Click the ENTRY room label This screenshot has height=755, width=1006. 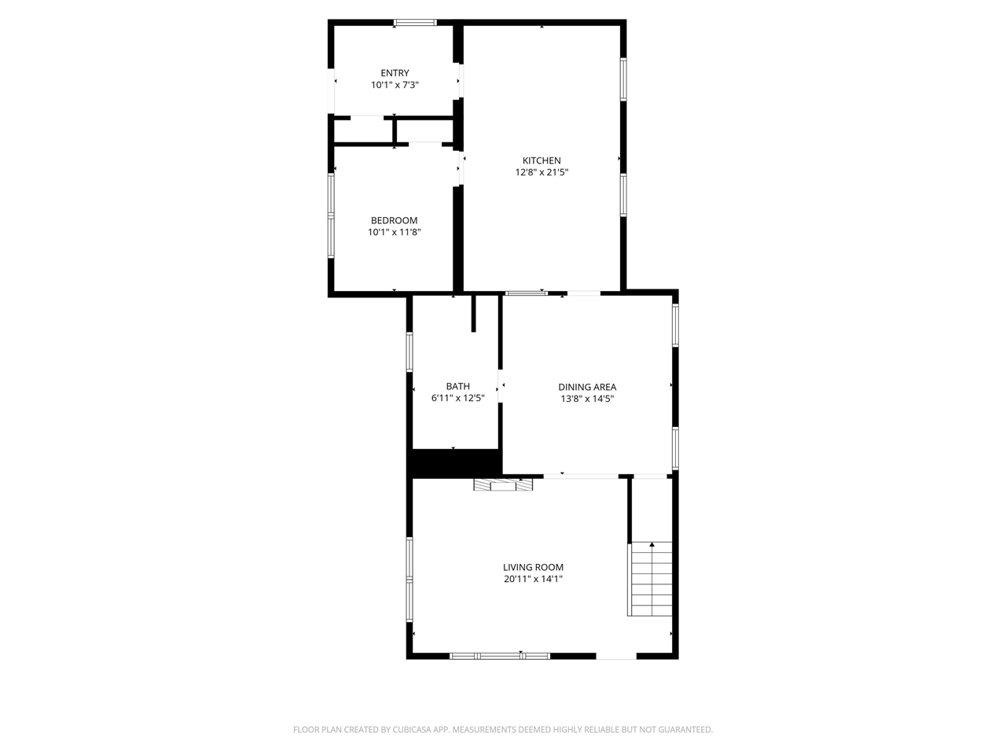395,73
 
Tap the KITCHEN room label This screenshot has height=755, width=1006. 542,160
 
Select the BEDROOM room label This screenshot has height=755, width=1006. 394,220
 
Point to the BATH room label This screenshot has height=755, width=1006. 457,386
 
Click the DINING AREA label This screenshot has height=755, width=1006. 587,387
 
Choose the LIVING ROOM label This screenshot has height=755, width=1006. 533,567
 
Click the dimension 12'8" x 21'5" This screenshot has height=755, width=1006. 542,172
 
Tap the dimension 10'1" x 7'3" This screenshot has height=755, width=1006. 395,85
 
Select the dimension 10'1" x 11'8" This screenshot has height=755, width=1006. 394,232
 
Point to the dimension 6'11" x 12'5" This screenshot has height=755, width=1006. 457,398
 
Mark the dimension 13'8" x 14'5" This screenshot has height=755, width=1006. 587,399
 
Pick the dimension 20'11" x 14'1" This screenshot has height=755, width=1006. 533,579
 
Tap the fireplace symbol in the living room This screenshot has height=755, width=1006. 503,485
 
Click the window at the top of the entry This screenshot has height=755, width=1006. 415,23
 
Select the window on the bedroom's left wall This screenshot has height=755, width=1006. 331,216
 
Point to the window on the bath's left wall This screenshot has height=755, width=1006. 409,352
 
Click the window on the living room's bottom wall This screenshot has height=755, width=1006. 500,655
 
